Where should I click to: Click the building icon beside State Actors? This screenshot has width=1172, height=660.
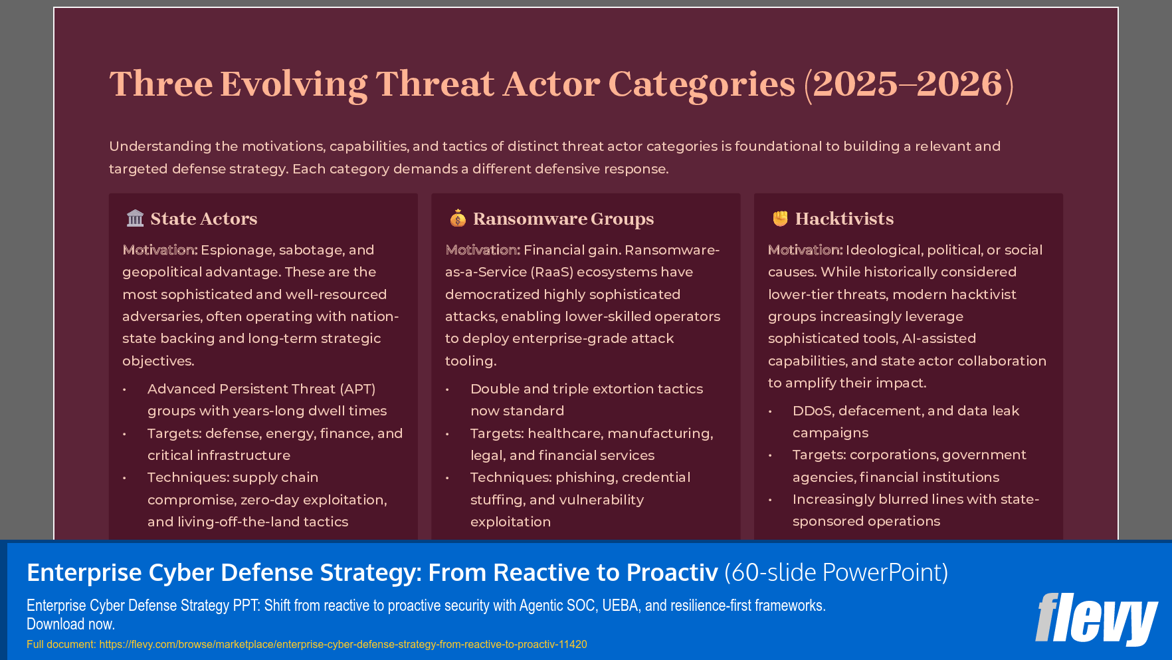coord(135,218)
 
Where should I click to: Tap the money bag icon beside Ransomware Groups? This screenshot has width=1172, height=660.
coord(458,218)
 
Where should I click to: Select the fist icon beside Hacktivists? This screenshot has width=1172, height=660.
coord(780,218)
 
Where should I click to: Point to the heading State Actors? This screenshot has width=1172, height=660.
coord(203,219)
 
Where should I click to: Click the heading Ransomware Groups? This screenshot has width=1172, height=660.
coord(563,219)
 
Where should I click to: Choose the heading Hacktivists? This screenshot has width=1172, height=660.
coord(844,219)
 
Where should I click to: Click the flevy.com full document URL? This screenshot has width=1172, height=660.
coord(343,644)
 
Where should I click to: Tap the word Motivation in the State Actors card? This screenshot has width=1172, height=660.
coord(159,250)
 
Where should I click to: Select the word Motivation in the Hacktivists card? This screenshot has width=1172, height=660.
coord(805,250)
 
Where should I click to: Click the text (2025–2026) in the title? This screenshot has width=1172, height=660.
coord(908,84)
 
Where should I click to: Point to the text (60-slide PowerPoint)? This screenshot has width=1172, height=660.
coord(836,572)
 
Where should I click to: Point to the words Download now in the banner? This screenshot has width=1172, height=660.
coord(70,624)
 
